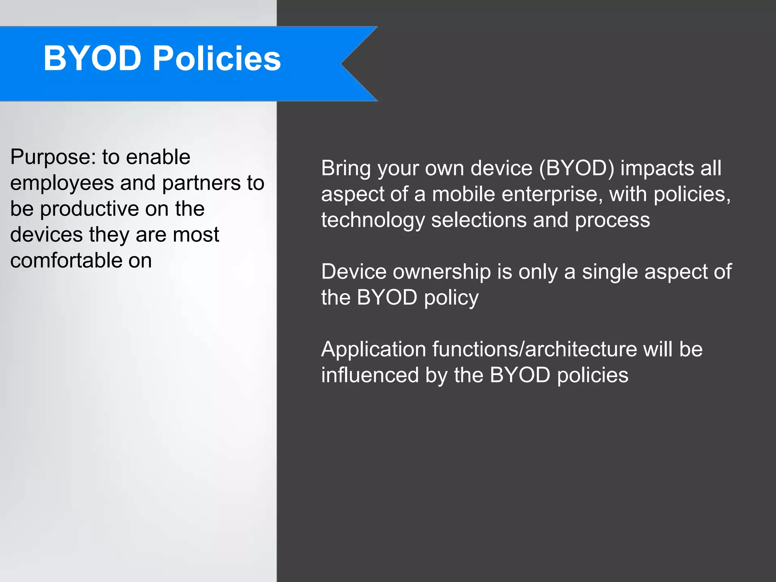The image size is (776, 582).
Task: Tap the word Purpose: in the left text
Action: (52, 157)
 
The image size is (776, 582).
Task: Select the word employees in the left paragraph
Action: (62, 183)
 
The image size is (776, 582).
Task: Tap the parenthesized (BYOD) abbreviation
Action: (576, 168)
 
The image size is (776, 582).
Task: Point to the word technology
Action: (373, 221)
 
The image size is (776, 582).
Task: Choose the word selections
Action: (479, 220)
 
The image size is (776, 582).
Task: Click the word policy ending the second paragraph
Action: (451, 298)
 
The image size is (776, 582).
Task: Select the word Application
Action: (374, 349)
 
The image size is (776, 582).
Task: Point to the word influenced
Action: (370, 375)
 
